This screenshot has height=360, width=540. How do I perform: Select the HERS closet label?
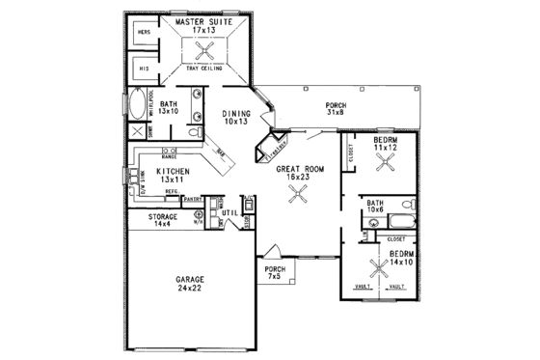[145, 32]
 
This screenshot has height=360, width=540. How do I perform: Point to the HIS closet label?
[145, 69]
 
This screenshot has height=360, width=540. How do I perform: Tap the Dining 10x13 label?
[235, 117]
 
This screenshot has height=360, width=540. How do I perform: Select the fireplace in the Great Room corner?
[268, 149]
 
